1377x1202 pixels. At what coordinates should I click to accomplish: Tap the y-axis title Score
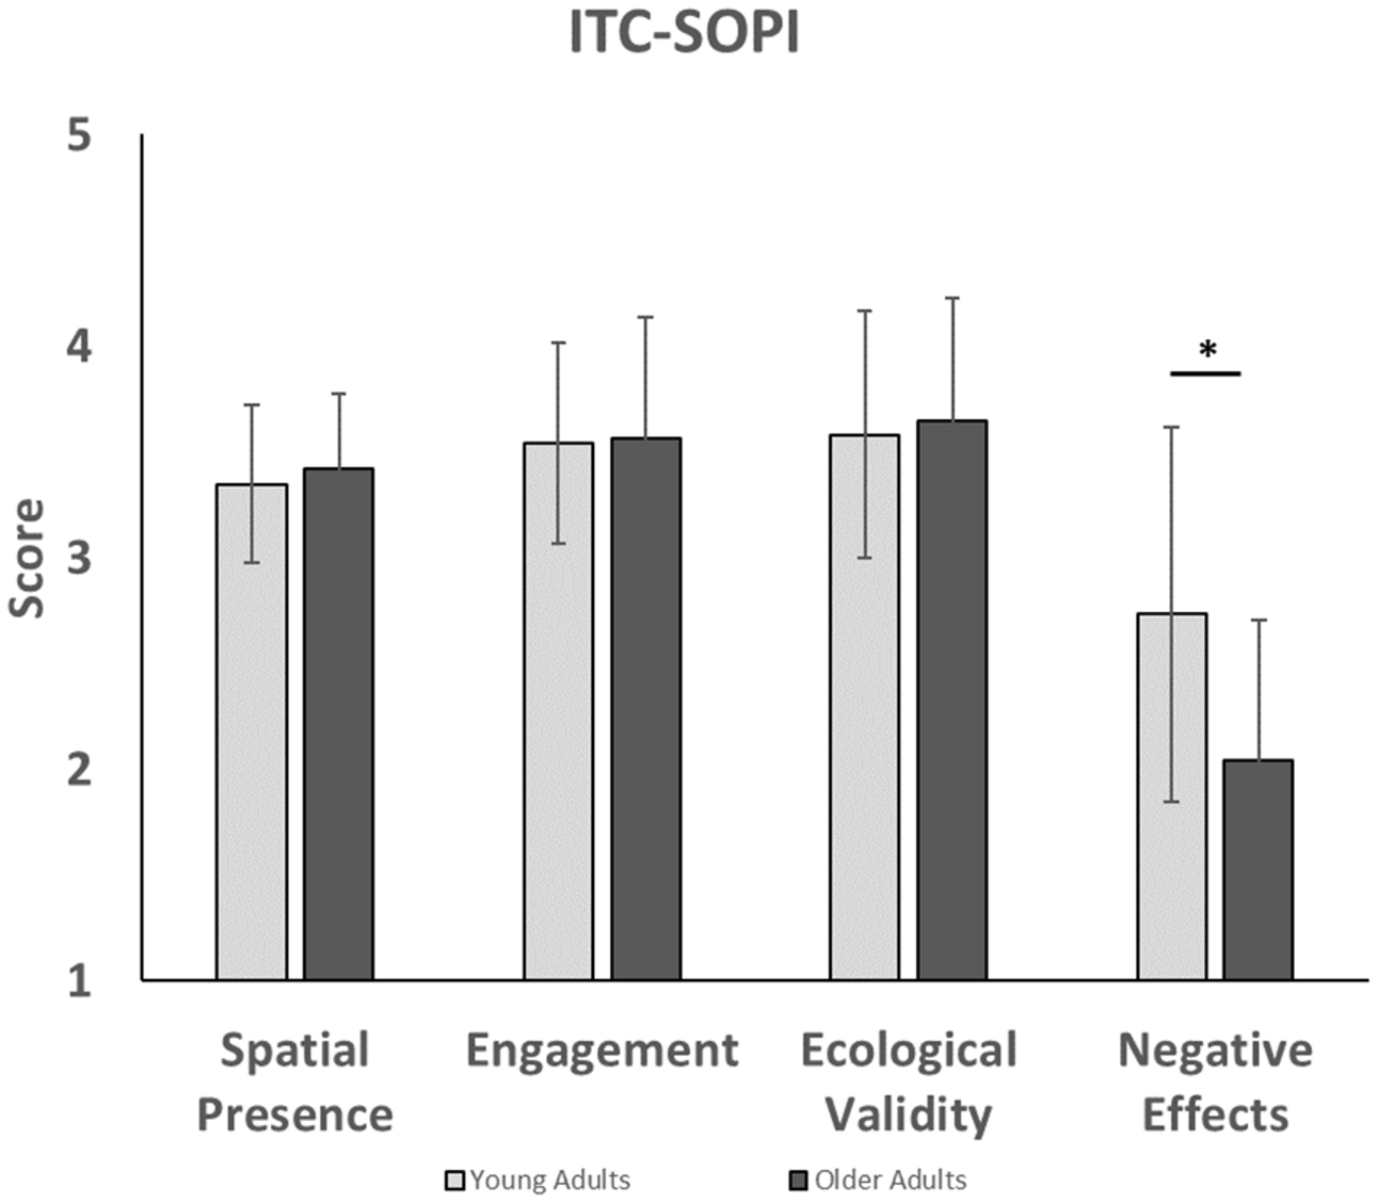pyautogui.click(x=27, y=558)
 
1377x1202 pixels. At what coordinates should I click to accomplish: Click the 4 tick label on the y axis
pyautogui.click(x=79, y=348)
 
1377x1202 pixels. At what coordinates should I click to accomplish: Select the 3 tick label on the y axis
pyautogui.click(x=79, y=558)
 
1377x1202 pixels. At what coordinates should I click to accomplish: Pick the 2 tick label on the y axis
pyautogui.click(x=79, y=770)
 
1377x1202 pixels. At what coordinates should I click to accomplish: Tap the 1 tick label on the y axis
pyautogui.click(x=79, y=981)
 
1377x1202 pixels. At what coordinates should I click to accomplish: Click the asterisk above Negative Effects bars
pyautogui.click(x=1207, y=349)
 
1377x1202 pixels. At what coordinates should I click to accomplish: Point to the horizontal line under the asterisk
pyautogui.click(x=1206, y=373)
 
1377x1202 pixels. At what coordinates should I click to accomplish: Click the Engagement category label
pyautogui.click(x=602, y=1051)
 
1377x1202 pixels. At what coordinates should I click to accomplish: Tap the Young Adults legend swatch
pyautogui.click(x=455, y=1180)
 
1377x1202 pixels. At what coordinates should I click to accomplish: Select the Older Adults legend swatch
pyautogui.click(x=799, y=1180)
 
